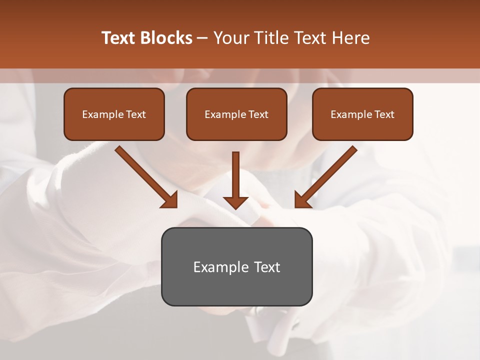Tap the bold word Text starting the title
coord(120,38)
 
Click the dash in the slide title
coord(203,38)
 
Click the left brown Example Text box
coord(114,114)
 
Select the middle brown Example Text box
coord(236,114)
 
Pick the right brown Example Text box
coord(362,114)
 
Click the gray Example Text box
coord(236,266)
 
